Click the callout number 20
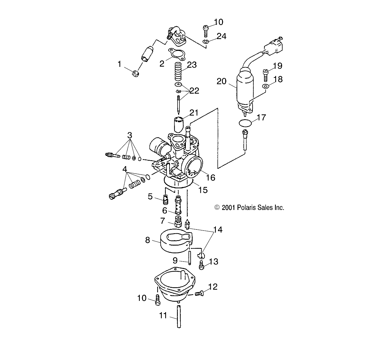tap(221, 81)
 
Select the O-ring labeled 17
tap(245, 123)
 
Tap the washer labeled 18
tap(265, 86)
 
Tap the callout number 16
tap(211, 177)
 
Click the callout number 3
tap(130, 135)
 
